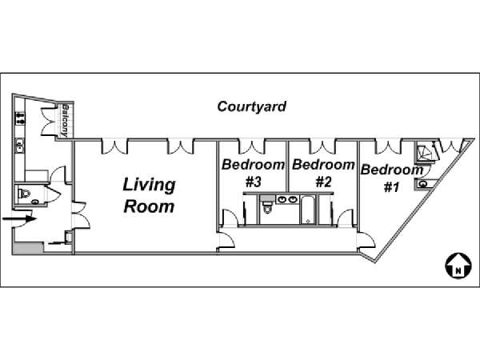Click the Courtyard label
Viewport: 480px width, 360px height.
click(x=252, y=107)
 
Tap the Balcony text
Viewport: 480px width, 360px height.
click(x=65, y=121)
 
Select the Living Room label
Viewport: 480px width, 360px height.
click(x=149, y=196)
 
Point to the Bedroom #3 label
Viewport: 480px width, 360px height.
click(x=253, y=173)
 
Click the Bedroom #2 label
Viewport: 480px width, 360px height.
click(x=323, y=173)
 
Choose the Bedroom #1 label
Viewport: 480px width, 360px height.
click(x=392, y=178)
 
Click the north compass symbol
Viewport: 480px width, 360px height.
click(x=458, y=266)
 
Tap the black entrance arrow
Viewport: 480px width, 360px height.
click(x=19, y=219)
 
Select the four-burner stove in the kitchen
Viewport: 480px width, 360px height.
click(x=20, y=118)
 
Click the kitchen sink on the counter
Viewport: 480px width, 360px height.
click(x=20, y=145)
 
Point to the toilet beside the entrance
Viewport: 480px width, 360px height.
click(x=24, y=194)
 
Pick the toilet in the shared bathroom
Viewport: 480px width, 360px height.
click(x=267, y=206)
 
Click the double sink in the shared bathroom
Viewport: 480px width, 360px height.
click(x=287, y=199)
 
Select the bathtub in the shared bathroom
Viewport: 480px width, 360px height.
click(x=307, y=210)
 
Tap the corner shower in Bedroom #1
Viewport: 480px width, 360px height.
click(x=424, y=151)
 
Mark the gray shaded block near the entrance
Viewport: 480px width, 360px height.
click(x=27, y=248)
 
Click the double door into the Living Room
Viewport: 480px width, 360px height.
click(x=81, y=215)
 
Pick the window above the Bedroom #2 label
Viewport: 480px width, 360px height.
click(x=322, y=146)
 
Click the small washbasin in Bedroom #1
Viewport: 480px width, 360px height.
click(x=423, y=184)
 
